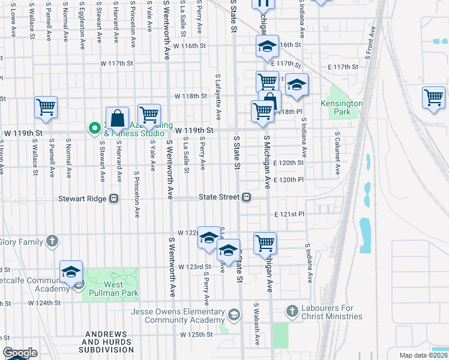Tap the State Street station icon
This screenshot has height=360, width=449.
246,197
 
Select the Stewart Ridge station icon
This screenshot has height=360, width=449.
113,199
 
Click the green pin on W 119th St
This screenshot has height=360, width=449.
94,128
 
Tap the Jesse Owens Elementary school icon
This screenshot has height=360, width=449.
234,314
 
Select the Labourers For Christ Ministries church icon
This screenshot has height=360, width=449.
292,311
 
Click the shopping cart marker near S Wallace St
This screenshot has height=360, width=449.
46,107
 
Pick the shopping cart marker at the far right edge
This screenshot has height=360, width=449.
433,97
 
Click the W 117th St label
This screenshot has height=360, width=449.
116,63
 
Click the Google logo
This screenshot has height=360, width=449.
20,353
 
